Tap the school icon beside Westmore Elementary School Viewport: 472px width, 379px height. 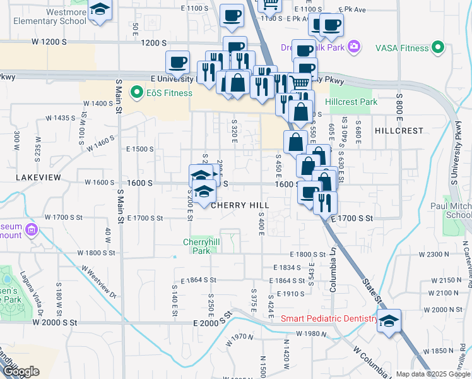tap(100, 11)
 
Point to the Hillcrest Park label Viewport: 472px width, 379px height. tap(351, 102)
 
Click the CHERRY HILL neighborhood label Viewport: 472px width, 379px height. tap(240, 205)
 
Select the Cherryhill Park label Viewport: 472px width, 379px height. tap(196, 246)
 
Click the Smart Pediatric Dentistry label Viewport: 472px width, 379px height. tap(329, 319)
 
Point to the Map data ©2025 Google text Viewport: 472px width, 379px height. tap(433, 374)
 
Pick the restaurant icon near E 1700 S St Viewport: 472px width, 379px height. tap(325, 202)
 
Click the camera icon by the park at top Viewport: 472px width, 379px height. tap(354, 46)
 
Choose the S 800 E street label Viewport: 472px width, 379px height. tap(399, 103)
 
